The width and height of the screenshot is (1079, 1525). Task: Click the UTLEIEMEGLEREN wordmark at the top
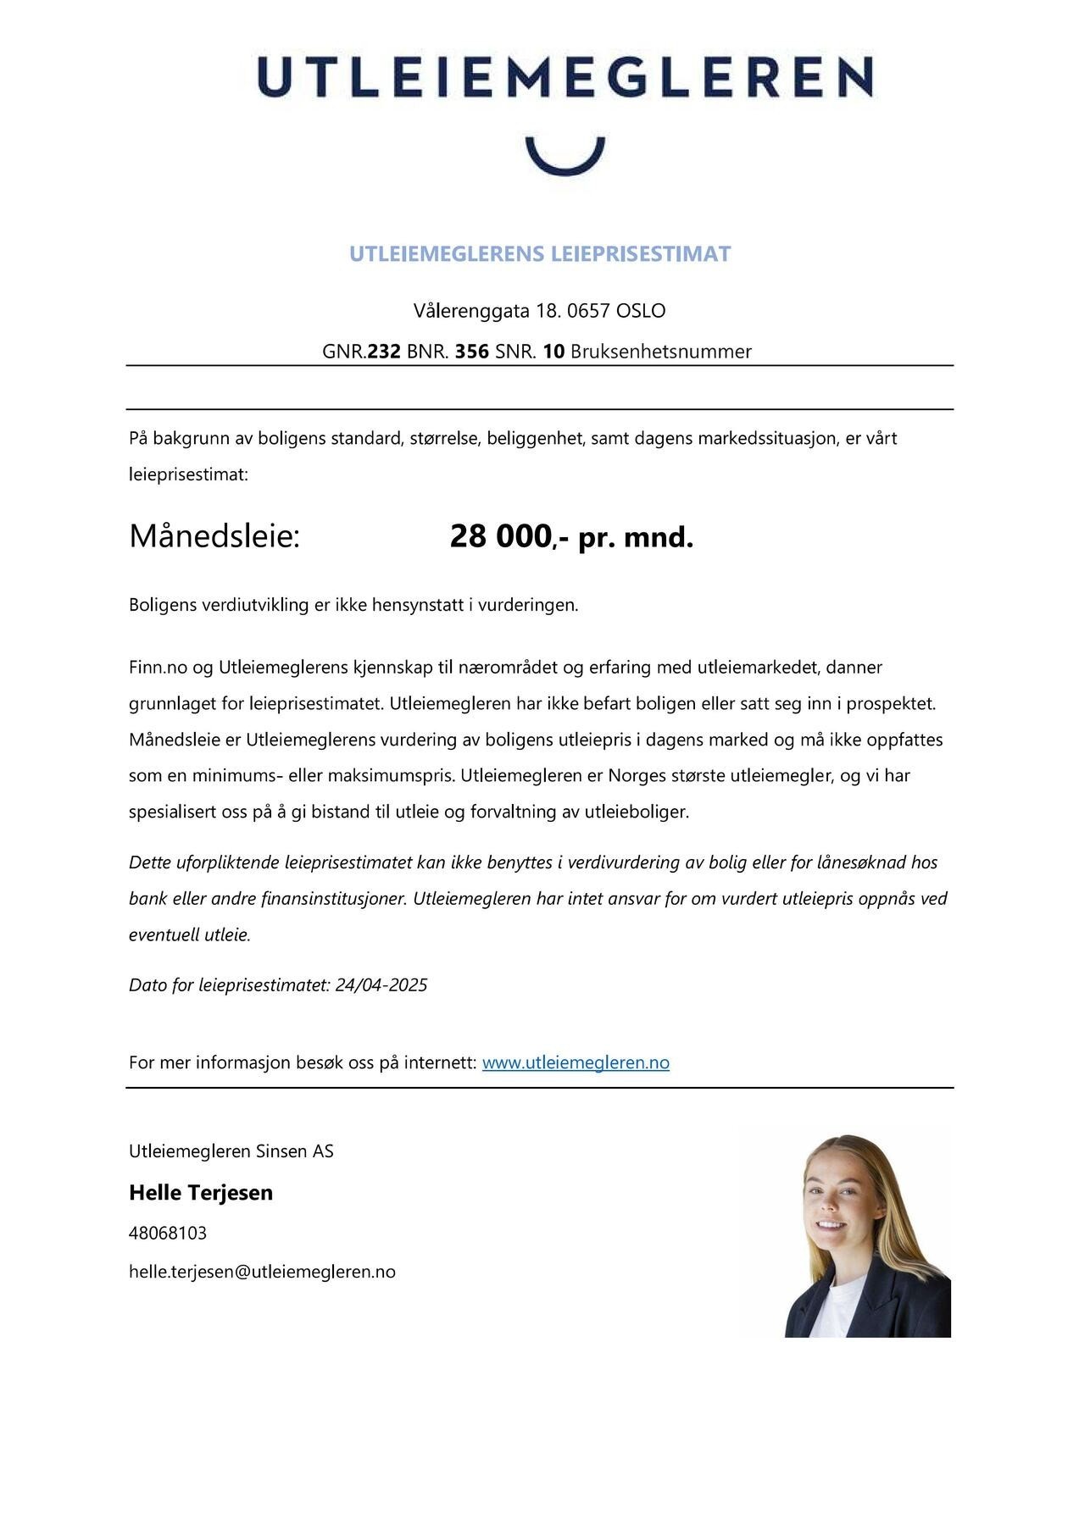coord(565,78)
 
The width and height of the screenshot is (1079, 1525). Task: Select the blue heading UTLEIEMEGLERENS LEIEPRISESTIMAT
coord(539,254)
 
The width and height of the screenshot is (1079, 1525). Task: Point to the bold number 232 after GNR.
coord(383,352)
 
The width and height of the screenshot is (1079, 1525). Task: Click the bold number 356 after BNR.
coord(472,352)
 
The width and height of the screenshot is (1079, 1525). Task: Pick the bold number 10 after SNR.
coord(553,352)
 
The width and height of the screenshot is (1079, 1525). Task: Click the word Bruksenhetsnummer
coord(660,352)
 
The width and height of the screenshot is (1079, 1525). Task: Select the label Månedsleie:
coord(214,536)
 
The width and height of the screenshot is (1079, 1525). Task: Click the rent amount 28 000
coord(500,536)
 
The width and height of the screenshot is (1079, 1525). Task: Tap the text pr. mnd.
coord(636,537)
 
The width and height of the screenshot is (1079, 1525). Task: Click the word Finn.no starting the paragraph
coord(158,668)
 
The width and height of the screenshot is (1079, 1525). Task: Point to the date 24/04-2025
coord(381,985)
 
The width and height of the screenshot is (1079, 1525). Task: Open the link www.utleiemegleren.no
coord(576,1062)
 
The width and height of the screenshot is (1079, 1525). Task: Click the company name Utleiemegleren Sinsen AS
coord(231,1151)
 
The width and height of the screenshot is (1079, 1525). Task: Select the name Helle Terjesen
coord(201,1193)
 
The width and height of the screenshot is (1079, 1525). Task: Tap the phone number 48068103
coord(168,1233)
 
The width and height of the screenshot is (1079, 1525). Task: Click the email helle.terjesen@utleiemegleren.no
coord(262,1272)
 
